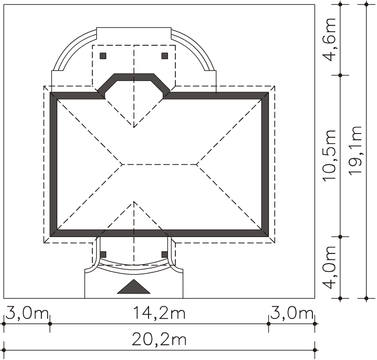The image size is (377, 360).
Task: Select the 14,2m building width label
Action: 159,313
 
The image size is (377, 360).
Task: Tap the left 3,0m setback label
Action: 27,313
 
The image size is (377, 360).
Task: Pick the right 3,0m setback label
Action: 291,313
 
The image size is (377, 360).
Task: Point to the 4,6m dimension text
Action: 328,40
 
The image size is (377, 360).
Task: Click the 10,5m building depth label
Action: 328,156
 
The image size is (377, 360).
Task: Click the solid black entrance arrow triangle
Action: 134,287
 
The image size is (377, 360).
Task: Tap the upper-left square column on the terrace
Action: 103,56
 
